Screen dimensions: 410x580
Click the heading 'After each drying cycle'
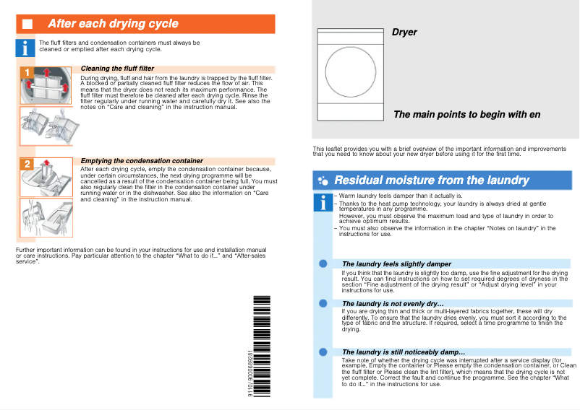tap(113, 24)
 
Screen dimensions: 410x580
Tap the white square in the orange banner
tap(27, 24)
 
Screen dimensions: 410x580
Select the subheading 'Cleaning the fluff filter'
tap(117, 69)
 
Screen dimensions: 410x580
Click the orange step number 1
tap(26, 73)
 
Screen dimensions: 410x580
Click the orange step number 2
tap(26, 165)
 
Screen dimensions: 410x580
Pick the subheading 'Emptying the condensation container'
tap(142, 160)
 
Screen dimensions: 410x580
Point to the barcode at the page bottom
tap(262, 347)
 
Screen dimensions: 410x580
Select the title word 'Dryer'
tap(404, 32)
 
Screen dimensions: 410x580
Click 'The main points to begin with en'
tap(466, 115)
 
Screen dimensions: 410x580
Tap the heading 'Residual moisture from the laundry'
tap(432, 180)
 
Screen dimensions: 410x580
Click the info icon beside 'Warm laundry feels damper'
tap(323, 204)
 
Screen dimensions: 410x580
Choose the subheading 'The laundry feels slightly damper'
tap(396, 264)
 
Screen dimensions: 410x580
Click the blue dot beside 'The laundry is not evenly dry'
tap(323, 303)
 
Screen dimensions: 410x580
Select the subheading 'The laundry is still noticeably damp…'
tap(403, 352)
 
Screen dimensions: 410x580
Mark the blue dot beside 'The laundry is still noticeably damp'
tap(323, 352)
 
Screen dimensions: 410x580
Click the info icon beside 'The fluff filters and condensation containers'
tap(26, 48)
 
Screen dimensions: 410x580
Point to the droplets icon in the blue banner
tap(323, 180)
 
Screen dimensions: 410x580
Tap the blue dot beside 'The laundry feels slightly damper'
tap(323, 264)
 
